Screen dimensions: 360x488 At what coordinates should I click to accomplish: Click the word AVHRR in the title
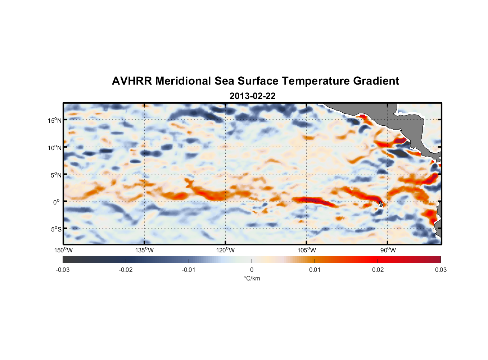(x=131, y=81)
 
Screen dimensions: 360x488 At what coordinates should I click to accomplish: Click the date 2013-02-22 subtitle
(x=252, y=96)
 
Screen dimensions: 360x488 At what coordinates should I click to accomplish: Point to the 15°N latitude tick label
(x=55, y=120)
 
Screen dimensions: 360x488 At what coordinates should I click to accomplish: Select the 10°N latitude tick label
(x=55, y=148)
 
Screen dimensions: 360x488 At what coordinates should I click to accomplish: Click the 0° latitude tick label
(x=57, y=202)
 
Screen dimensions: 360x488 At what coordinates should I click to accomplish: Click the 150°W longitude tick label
(x=63, y=250)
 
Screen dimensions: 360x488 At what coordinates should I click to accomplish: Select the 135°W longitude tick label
(x=144, y=250)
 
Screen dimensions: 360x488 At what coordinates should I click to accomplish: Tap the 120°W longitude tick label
(x=225, y=250)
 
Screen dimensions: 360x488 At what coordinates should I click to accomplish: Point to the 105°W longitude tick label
(x=306, y=250)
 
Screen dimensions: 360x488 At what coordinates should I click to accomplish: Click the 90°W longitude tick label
(x=388, y=250)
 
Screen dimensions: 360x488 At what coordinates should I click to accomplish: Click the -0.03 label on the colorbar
(x=63, y=270)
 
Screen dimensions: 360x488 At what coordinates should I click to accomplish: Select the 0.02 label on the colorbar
(x=378, y=270)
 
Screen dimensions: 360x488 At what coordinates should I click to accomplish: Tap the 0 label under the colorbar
(x=252, y=270)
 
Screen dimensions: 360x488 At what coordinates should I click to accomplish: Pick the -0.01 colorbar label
(x=188, y=270)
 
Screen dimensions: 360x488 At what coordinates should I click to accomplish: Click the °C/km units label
(x=252, y=278)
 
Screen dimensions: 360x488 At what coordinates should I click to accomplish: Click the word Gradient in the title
(x=376, y=81)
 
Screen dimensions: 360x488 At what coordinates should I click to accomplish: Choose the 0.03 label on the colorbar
(x=440, y=270)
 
